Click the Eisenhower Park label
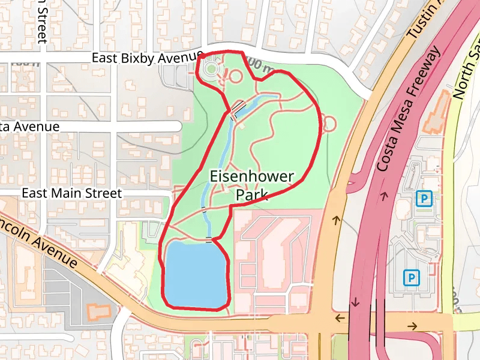click(252, 185)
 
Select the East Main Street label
click(71, 193)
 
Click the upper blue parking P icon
click(424, 197)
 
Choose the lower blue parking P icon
click(411, 277)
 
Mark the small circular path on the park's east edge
click(329, 124)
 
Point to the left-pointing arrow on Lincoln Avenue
click(340, 317)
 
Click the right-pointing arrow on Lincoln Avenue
click(413, 326)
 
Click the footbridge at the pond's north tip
click(209, 240)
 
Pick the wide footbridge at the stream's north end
click(238, 108)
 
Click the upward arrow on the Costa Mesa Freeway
click(382, 195)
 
